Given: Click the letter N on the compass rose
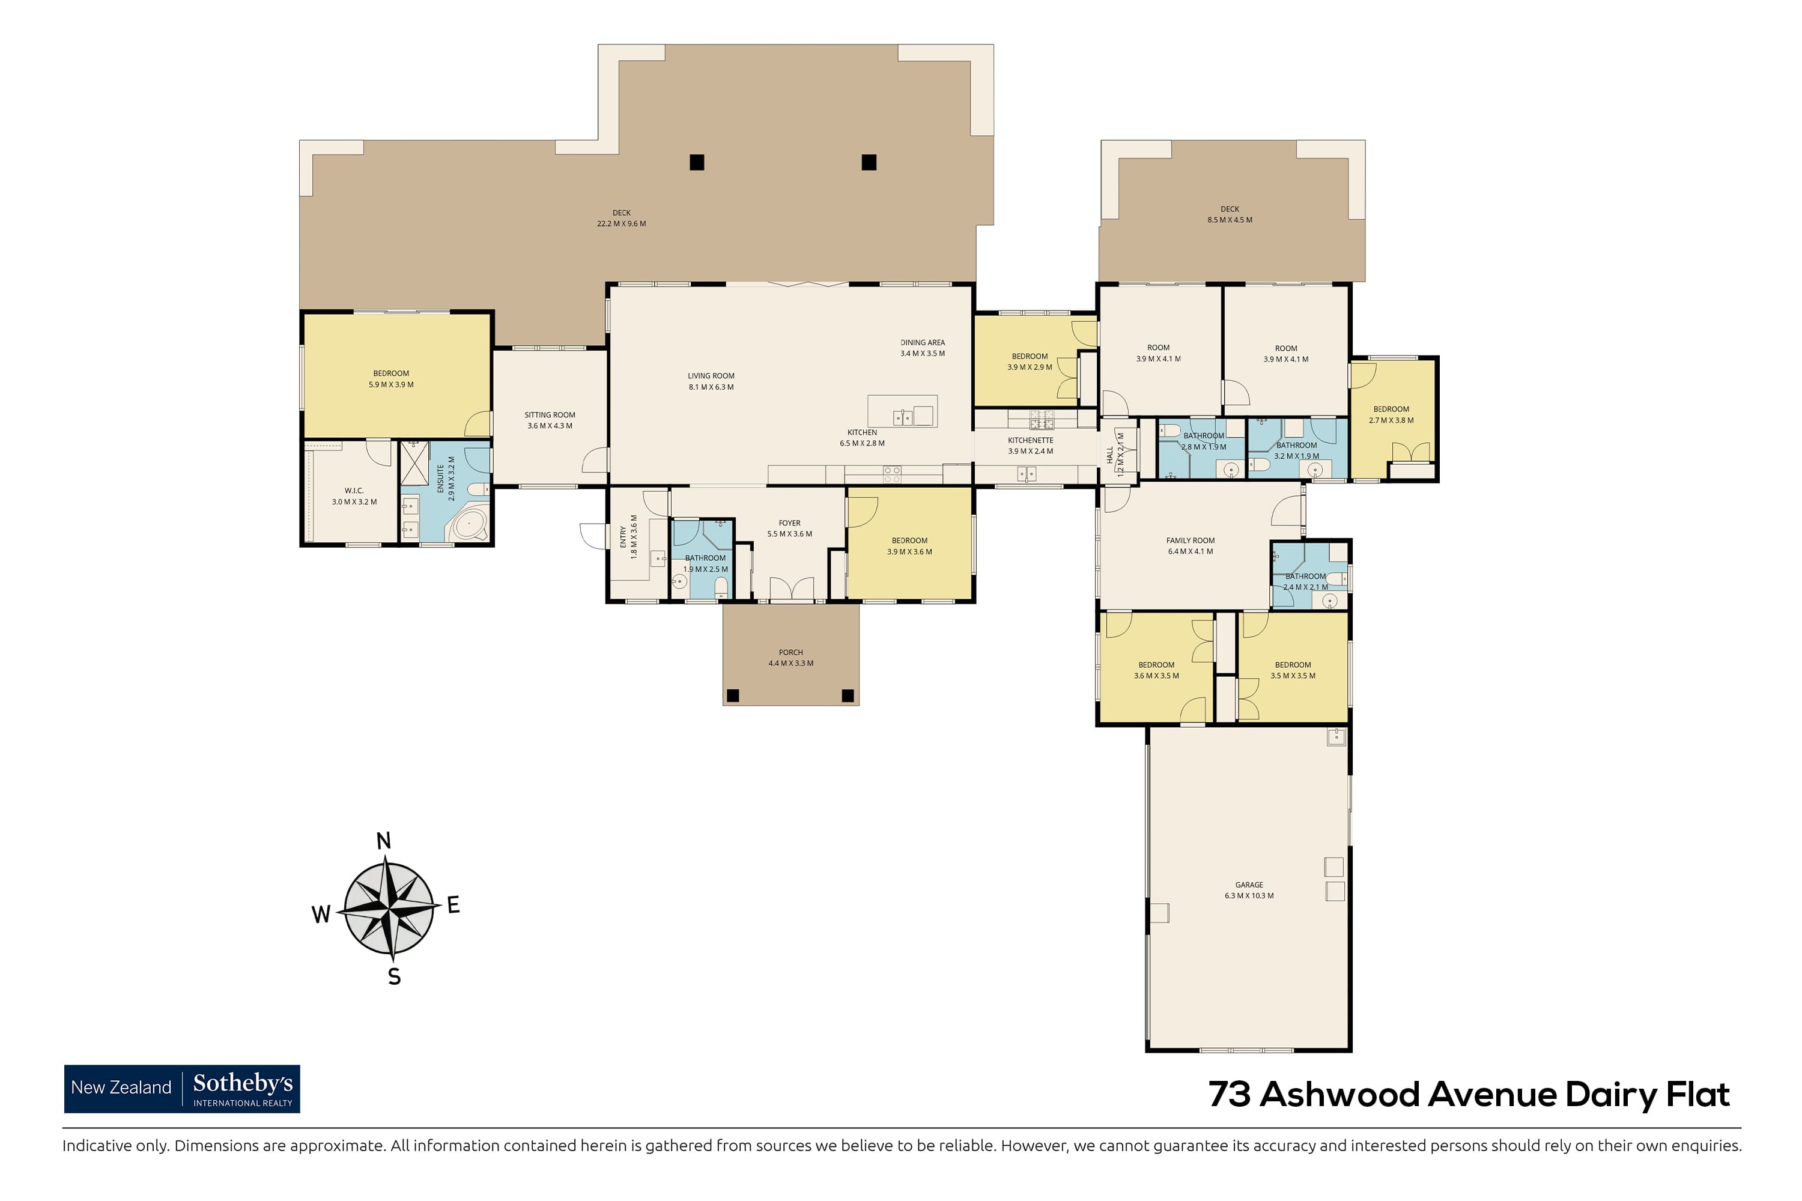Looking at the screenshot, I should click(x=384, y=841).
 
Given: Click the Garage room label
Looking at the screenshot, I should click(x=1249, y=885).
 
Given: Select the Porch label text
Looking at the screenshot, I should click(x=790, y=653).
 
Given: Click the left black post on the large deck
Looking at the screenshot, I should click(x=696, y=162).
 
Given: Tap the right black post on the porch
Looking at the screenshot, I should click(x=848, y=695).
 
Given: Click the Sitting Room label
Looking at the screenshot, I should click(x=550, y=415).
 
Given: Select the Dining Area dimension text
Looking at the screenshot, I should click(x=923, y=354).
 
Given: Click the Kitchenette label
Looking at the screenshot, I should click(x=1031, y=440).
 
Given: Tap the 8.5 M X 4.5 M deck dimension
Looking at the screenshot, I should click(x=1230, y=220).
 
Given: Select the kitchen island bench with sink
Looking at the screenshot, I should click(x=903, y=411).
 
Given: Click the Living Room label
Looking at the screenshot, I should click(x=711, y=376).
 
